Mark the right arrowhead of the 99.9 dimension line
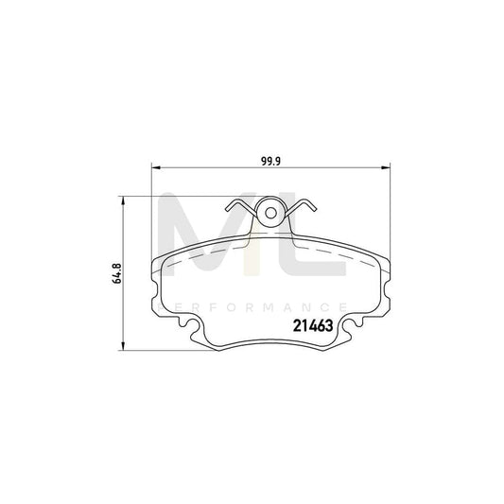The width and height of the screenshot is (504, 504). (385, 169)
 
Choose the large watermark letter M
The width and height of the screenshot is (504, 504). (203, 242)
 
